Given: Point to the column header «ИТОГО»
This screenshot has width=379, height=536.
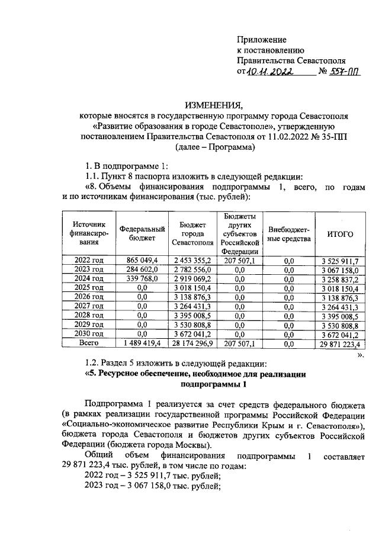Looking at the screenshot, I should coord(340,235).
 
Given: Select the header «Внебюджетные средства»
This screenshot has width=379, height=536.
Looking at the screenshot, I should coord(289,234).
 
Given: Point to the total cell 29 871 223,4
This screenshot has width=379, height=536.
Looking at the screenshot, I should coord(340,343).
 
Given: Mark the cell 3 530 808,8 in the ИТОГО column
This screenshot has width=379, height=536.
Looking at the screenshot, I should coord(340,325).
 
